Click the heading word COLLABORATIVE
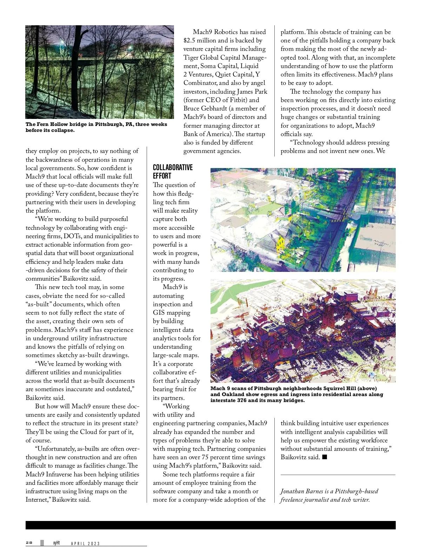pyautogui.click(x=173, y=167)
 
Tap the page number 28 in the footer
pyautogui.click(x=29, y=543)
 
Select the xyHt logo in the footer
pyautogui.click(x=56, y=543)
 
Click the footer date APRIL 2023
pyautogui.click(x=86, y=543)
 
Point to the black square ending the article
pyautogui.click(x=325, y=457)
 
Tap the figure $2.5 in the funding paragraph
pyautogui.click(x=190, y=40)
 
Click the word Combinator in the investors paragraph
pyautogui.click(x=200, y=83)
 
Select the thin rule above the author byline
pyautogui.click(x=338, y=475)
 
